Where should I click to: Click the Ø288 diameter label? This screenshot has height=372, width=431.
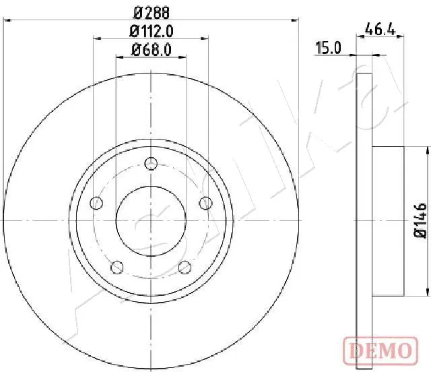click(150, 11)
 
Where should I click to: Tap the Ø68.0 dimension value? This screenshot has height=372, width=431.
click(150, 49)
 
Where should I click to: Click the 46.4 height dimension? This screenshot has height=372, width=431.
click(379, 29)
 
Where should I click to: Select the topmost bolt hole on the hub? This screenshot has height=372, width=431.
click(151, 163)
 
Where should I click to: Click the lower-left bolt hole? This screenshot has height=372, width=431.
click(118, 267)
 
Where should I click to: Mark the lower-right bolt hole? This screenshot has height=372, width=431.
click(184, 267)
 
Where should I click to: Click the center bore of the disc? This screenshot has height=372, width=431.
click(151, 220)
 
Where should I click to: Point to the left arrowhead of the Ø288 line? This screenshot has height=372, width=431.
click(7, 20)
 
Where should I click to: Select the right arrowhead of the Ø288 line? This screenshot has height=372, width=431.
click(294, 20)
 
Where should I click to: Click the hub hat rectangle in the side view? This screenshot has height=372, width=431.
click(387, 220)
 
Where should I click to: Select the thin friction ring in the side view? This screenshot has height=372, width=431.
click(364, 220)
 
